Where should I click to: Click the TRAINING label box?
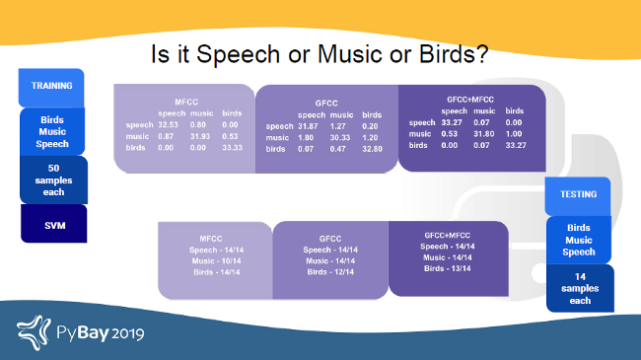[x=52, y=87]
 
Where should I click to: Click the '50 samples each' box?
[x=52, y=179]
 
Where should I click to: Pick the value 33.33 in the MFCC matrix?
[x=232, y=148]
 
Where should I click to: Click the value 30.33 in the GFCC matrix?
[x=338, y=137]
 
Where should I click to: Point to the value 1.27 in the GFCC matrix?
[x=338, y=126]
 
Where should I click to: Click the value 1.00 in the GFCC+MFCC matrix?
[x=514, y=133]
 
